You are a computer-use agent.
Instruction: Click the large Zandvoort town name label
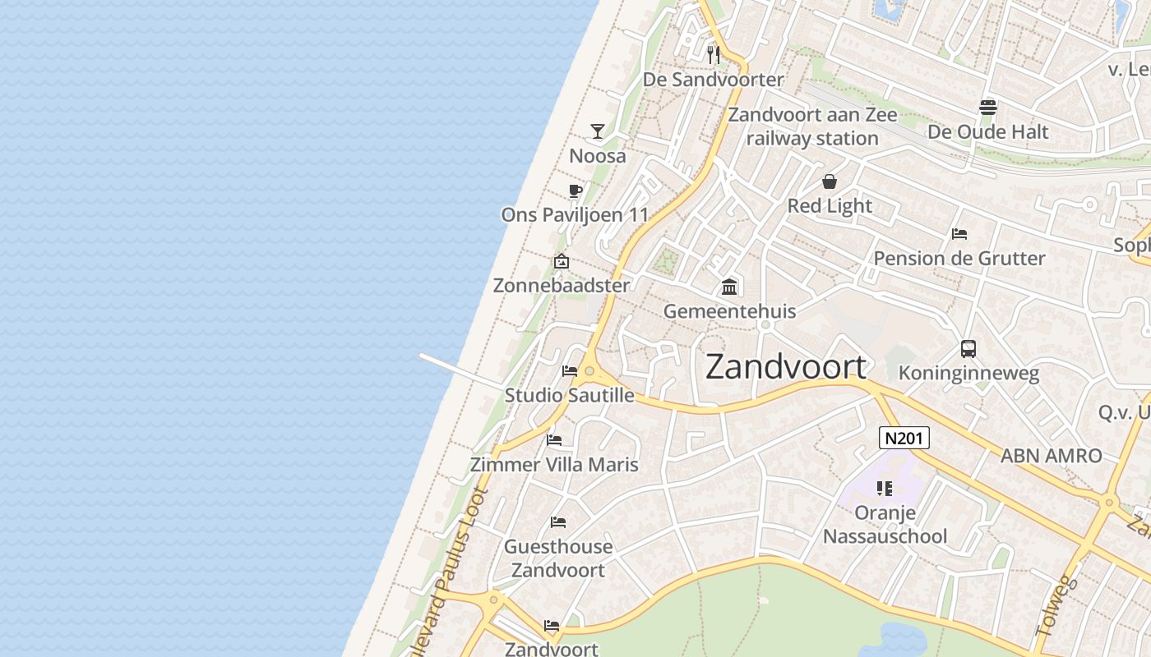(x=786, y=367)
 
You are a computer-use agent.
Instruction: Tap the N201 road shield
(x=904, y=438)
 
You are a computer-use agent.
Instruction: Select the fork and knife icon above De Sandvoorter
(x=714, y=55)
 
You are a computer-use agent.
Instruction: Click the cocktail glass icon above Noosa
(x=598, y=131)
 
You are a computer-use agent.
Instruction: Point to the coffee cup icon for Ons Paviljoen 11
(x=575, y=191)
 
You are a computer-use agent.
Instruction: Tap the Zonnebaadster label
(x=562, y=286)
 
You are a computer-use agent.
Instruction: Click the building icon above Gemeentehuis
(x=729, y=287)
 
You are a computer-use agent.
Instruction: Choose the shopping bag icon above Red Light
(x=830, y=181)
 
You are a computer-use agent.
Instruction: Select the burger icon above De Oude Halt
(x=988, y=108)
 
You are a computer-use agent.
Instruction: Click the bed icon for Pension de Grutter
(x=959, y=234)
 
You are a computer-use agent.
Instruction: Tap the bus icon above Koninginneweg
(x=968, y=349)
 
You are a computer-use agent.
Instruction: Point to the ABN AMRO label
(x=1051, y=456)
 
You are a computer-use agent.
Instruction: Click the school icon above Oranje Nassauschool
(x=885, y=489)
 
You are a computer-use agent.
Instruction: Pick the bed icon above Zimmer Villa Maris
(x=554, y=440)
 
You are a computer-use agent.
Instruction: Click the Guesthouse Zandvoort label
(x=558, y=558)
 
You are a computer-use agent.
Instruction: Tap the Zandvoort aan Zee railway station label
(x=812, y=126)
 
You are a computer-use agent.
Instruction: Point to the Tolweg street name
(x=1056, y=605)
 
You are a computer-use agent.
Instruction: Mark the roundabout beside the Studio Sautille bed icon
(x=589, y=371)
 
